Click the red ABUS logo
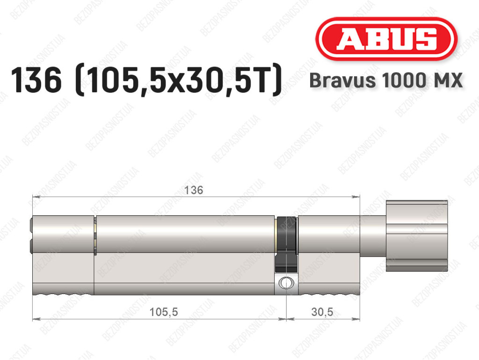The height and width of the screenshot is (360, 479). tap(386, 39)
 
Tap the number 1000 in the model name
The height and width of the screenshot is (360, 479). tap(404, 81)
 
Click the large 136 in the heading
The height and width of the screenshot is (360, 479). tap(36, 80)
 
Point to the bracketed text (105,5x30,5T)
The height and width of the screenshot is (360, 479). tap(178, 80)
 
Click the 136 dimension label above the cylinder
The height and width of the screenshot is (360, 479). tap(194, 190)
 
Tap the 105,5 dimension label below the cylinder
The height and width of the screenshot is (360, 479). tap(163, 312)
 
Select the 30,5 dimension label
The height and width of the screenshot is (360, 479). tap(322, 312)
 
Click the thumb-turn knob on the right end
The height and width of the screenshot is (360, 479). tap(417, 235)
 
